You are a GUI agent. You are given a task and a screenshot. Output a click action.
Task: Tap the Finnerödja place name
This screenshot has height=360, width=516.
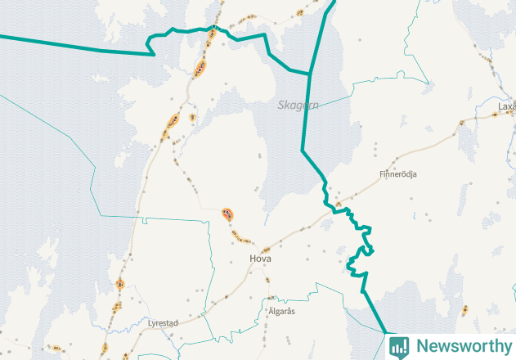398,173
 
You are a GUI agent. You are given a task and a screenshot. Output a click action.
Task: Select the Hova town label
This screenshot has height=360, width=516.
261,259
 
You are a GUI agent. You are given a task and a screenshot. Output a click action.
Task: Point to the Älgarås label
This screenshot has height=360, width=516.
280,312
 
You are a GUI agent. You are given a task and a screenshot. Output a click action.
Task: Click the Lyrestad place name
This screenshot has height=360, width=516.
163,323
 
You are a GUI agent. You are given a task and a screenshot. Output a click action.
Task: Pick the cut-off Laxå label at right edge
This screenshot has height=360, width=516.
506,106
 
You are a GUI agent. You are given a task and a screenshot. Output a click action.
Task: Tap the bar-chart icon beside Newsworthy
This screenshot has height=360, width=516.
399,346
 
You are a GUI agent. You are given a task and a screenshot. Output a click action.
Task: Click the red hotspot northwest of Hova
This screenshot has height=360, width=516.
227,214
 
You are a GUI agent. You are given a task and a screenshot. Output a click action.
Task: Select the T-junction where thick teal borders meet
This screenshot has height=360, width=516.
311,74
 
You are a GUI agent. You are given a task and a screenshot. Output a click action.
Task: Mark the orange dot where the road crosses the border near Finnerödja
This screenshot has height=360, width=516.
339,205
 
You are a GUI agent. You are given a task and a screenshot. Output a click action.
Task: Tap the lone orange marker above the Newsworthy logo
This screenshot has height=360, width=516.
464,309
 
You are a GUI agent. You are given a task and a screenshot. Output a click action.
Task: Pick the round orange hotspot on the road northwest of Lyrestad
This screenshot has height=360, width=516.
119,285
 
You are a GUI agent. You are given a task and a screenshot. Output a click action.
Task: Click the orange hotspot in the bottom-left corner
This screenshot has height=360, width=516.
56,348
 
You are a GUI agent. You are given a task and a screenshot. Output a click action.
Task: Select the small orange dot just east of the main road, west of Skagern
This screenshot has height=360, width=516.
192,118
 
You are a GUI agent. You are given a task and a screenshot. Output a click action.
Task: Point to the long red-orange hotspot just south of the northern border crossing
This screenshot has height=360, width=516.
200,68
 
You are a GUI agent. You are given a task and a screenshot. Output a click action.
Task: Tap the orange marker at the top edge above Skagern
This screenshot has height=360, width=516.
300,13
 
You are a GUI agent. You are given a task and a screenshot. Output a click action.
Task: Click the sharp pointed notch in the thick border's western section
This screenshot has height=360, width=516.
154,54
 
